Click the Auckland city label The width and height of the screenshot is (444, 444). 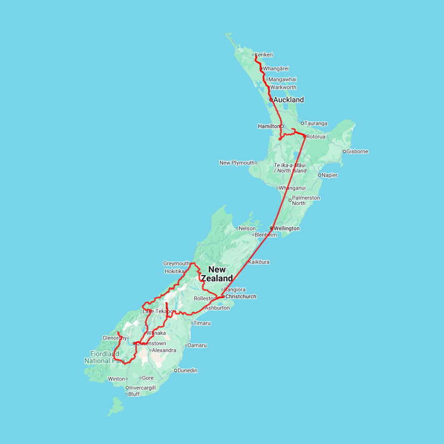click(x=289, y=100)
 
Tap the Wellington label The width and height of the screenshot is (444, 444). click(x=287, y=228)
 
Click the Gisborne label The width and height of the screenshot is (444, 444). click(x=357, y=151)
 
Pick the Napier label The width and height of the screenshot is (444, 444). click(x=330, y=175)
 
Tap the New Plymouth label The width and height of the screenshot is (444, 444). click(x=237, y=163)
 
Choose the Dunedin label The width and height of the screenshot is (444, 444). click(x=187, y=370)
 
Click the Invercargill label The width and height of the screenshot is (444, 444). click(x=142, y=388)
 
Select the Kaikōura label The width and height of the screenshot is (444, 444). click(x=259, y=262)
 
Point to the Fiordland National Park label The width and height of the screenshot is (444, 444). click(x=104, y=357)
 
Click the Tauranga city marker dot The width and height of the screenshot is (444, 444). click(x=302, y=123)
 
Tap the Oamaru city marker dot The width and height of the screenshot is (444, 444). click(x=186, y=345)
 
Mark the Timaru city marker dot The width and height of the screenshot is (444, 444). click(x=192, y=323)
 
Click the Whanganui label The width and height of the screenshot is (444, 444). click(x=292, y=188)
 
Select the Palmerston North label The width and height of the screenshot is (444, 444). click(x=306, y=200)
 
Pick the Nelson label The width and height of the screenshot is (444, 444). click(x=248, y=228)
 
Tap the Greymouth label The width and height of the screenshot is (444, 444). click(x=176, y=263)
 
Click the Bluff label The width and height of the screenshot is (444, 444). click(x=134, y=394)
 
